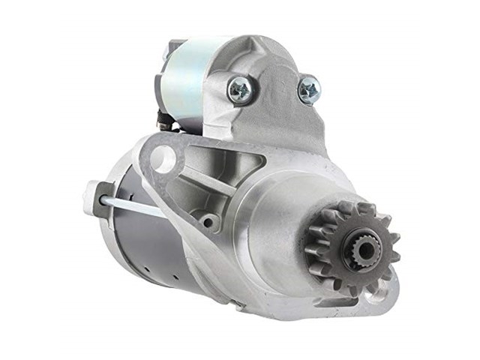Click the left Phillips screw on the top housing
click(x=240, y=91)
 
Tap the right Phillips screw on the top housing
click(x=308, y=91)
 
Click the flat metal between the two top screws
click(x=274, y=86)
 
